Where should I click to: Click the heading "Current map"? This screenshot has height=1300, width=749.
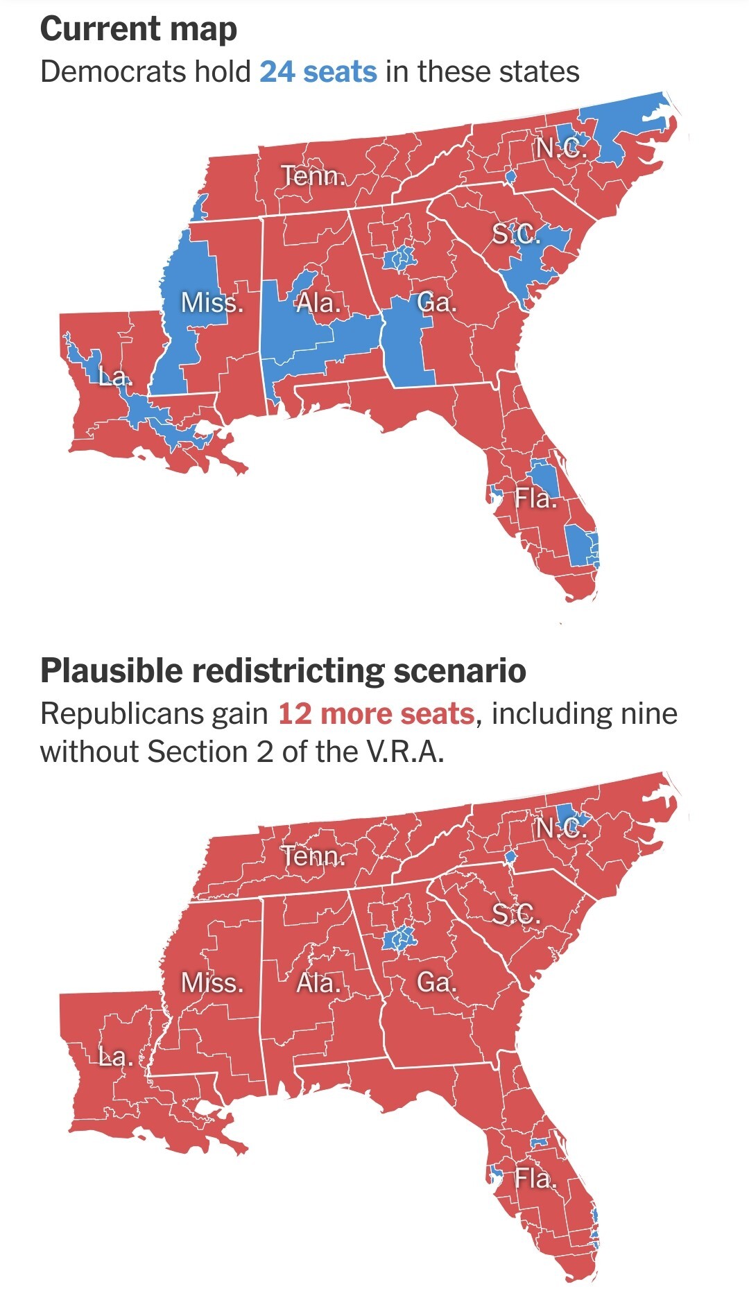139,30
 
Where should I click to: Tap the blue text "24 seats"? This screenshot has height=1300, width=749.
318,72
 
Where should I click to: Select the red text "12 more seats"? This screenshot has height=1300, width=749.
376,713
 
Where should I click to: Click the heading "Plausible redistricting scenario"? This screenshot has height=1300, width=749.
283,670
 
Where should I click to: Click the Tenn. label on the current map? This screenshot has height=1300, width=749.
313,176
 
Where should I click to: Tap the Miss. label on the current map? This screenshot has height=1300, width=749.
212,302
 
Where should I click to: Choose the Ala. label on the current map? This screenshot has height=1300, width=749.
318,302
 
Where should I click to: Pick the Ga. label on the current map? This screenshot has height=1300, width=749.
437,302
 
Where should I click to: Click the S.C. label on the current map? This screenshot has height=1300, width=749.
516,235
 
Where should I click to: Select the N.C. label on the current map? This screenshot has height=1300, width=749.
561,148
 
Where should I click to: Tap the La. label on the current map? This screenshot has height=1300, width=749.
114,377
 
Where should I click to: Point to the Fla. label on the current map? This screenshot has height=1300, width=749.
535,498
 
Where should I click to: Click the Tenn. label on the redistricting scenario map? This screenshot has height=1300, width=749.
313,856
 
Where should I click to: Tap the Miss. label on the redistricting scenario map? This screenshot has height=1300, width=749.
212,982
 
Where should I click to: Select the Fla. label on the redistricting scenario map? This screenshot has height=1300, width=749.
535,1178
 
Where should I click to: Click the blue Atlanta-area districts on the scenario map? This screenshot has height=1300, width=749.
399,938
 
